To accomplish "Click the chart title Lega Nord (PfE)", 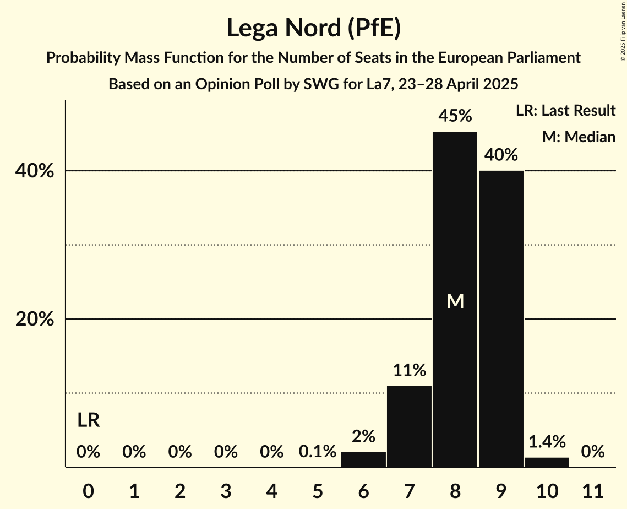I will (x=313, y=28).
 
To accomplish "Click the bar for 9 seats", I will (x=501, y=320).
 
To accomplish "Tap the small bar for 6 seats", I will (x=363, y=459).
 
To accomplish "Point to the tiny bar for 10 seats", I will (x=547, y=462).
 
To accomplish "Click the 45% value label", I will (x=455, y=116).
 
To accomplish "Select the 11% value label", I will (x=409, y=370).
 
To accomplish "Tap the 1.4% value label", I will (x=547, y=441).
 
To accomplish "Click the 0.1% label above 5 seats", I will (x=318, y=452).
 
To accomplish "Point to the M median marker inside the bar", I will (x=455, y=301).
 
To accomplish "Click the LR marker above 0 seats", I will (x=88, y=421).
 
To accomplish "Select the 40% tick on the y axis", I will (x=35, y=171).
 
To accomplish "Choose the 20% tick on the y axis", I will (x=35, y=320).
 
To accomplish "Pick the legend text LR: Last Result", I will (x=565, y=111).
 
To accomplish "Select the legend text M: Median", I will (x=579, y=137).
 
